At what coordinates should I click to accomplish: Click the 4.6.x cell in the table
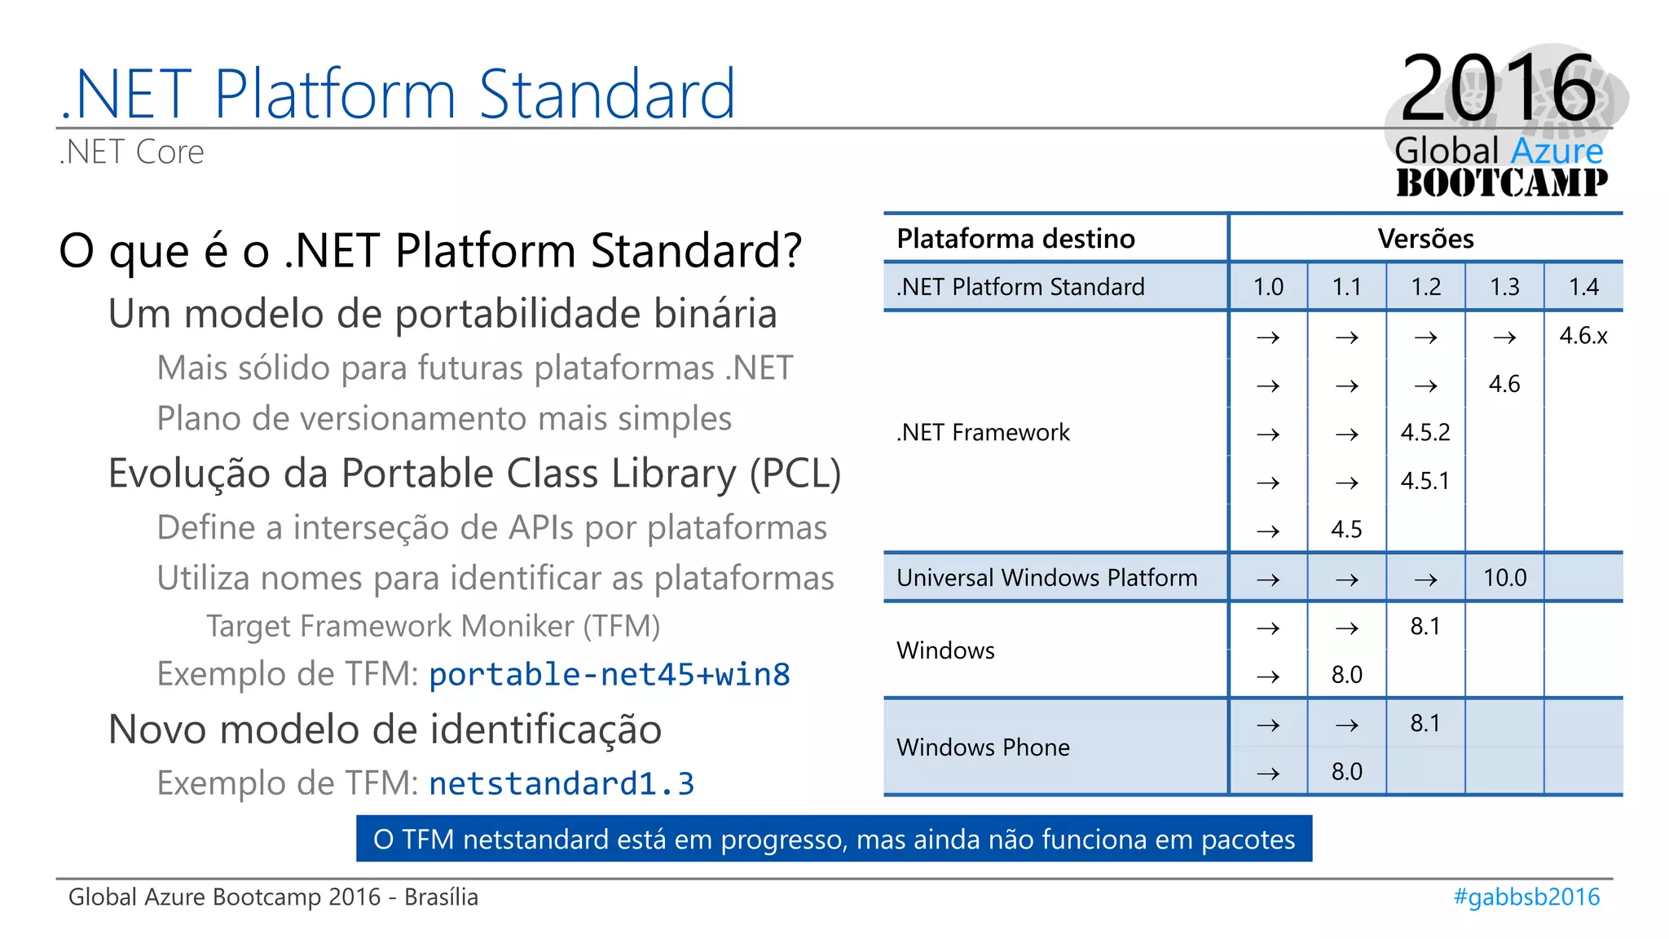pyautogui.click(x=1583, y=336)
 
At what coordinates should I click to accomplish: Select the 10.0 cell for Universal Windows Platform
pyautogui.click(x=1504, y=578)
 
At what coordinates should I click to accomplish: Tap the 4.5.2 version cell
pyautogui.click(x=1425, y=432)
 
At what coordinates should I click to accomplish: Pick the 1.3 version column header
pyautogui.click(x=1504, y=287)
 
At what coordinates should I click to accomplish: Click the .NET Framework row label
pyautogui.click(x=983, y=432)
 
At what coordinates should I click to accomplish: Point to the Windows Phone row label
pyautogui.click(x=983, y=747)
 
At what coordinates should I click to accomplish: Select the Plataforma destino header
pyautogui.click(x=1015, y=239)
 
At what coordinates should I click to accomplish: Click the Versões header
pyautogui.click(x=1425, y=239)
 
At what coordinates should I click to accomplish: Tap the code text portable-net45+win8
pyautogui.click(x=609, y=675)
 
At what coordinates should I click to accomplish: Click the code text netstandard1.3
pyautogui.click(x=561, y=784)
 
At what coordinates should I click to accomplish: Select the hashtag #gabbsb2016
pyautogui.click(x=1526, y=897)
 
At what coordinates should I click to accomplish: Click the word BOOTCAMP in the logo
pyautogui.click(x=1502, y=183)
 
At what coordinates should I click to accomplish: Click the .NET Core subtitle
pyautogui.click(x=132, y=152)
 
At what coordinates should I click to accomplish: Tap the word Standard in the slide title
pyautogui.click(x=607, y=95)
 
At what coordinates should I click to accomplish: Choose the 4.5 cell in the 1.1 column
pyautogui.click(x=1346, y=530)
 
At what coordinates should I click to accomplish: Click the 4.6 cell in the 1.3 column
pyautogui.click(x=1504, y=384)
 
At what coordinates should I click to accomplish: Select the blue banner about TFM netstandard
pyautogui.click(x=834, y=839)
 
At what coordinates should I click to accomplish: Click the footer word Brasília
pyautogui.click(x=441, y=897)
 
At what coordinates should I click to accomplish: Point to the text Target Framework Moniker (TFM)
pyautogui.click(x=433, y=626)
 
